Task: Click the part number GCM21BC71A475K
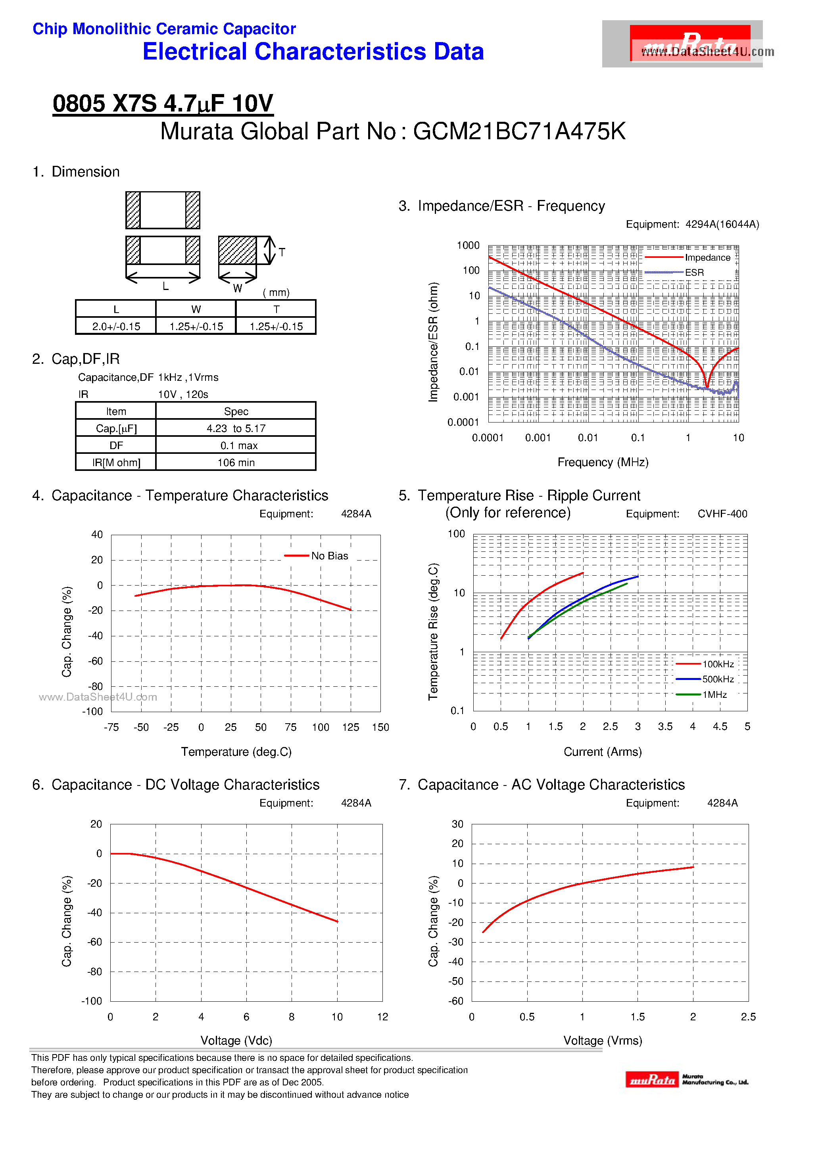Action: pos(519,132)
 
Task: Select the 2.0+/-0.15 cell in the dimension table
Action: pos(116,326)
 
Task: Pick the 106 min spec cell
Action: pos(236,462)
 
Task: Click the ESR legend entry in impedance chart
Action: pos(694,272)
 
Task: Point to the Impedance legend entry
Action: pos(707,257)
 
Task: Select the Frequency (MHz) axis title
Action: pos(602,462)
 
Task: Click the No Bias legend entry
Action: pos(329,556)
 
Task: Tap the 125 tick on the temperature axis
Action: pos(350,727)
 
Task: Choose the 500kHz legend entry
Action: pos(717,680)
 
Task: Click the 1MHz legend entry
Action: pos(714,695)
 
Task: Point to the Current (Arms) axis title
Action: pos(602,752)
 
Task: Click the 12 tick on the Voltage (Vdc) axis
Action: pos(382,1017)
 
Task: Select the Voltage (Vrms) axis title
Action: pos(602,1041)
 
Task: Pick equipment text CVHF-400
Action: pos(722,514)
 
